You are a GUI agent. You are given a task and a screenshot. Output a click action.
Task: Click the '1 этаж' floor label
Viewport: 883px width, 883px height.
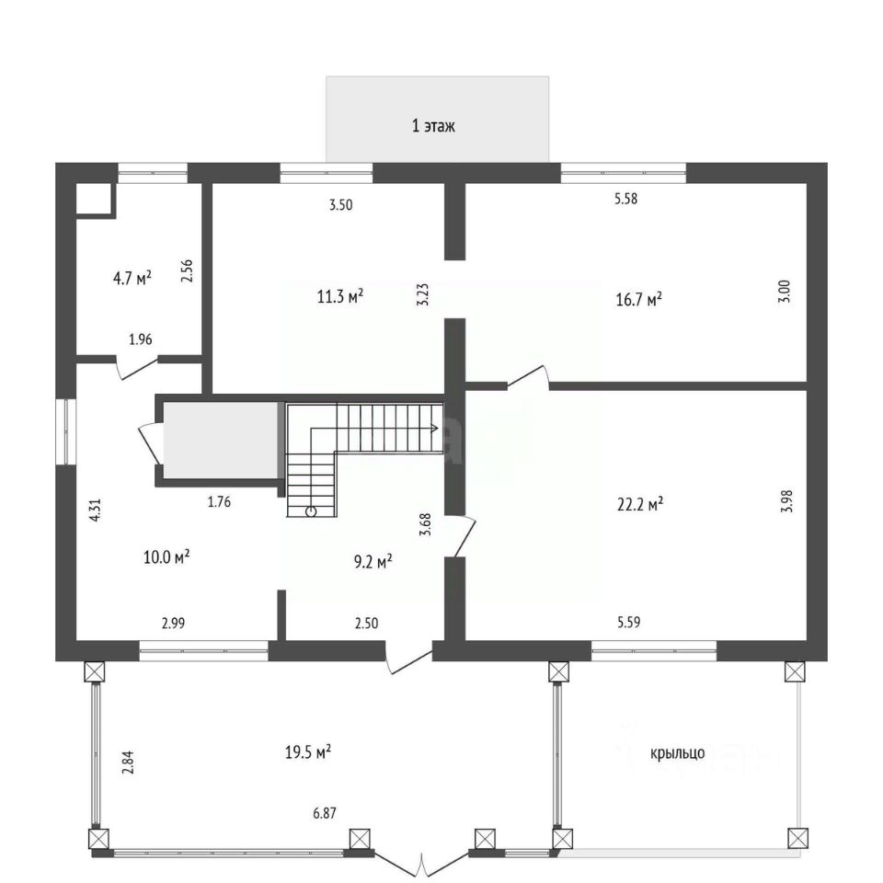433,126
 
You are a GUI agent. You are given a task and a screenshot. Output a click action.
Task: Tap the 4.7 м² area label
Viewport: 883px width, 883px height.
132,278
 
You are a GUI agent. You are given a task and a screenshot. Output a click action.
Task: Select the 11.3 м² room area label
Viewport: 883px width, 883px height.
340,295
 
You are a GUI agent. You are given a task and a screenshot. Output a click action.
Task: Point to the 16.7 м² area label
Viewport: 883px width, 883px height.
638,298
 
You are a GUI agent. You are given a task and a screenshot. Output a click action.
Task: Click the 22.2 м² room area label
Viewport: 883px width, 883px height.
640,503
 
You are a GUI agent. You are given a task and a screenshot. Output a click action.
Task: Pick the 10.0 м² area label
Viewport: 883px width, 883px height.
166,557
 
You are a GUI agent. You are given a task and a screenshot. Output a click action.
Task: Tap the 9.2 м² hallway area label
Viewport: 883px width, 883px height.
373,561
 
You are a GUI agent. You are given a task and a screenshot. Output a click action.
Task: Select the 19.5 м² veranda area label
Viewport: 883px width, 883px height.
308,751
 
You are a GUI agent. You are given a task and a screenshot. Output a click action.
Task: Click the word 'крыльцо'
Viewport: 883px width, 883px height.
678,753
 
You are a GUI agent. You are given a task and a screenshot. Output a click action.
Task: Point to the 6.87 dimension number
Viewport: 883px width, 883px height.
325,813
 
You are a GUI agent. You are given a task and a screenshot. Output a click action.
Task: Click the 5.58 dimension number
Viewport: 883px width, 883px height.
625,199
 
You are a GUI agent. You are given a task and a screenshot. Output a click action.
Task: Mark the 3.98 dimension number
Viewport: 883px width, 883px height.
787,500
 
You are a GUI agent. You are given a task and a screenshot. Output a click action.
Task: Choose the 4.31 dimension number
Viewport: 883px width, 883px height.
96,510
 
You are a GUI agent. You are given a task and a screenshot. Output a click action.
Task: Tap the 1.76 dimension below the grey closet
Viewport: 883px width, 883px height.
219,502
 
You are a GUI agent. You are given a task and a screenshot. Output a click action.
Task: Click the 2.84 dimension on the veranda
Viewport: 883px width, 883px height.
129,763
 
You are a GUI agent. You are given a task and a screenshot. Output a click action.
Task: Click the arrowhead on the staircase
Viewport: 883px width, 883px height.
435,428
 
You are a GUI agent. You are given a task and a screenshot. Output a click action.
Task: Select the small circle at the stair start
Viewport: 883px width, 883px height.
311,511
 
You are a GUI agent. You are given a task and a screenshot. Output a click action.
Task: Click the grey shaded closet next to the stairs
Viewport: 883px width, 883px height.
220,440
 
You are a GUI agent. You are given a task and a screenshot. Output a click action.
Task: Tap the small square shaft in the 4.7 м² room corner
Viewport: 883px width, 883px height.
94,199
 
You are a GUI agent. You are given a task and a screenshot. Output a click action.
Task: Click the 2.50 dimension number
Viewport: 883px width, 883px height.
366,624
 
